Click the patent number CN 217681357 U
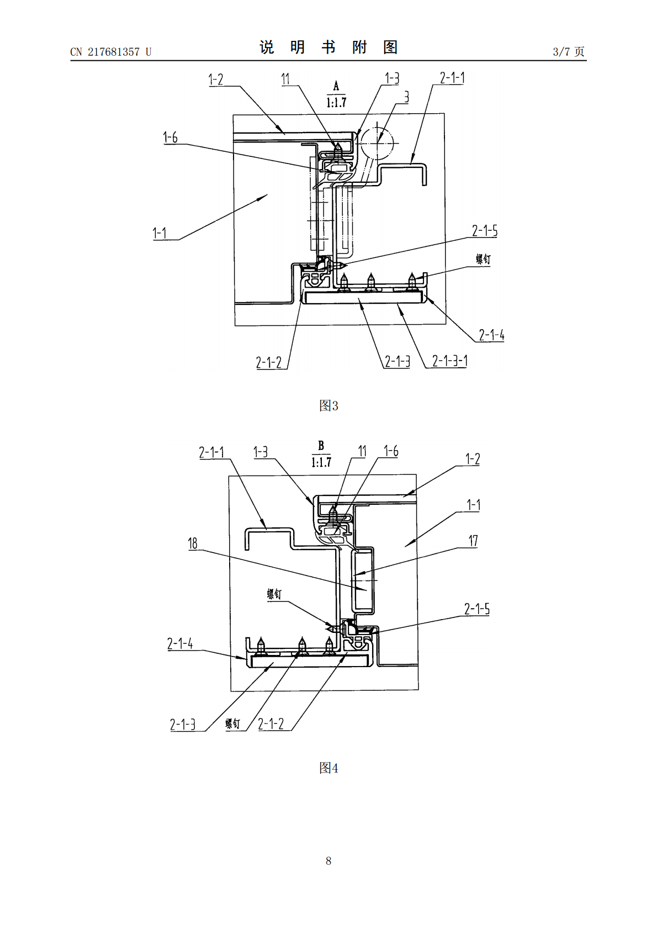point(111,52)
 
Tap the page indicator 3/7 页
point(569,51)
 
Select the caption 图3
point(328,405)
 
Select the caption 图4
point(328,768)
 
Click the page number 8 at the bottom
point(328,861)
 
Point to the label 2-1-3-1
point(449,361)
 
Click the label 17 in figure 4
point(473,541)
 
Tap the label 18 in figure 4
point(193,543)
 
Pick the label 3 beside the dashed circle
point(406,97)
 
